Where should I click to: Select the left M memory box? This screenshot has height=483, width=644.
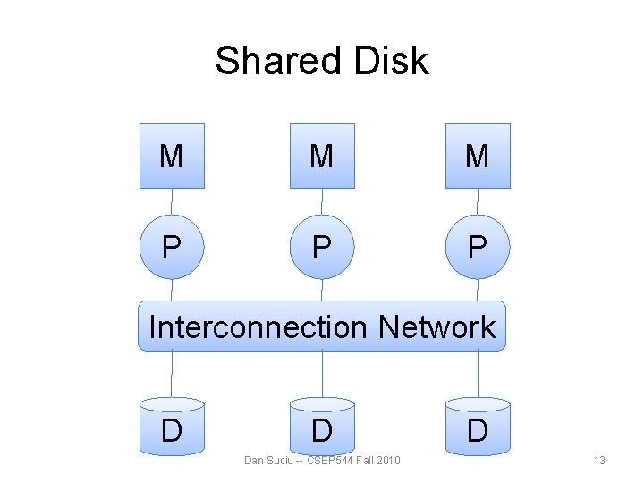[172, 157]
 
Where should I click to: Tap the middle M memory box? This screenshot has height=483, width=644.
[322, 157]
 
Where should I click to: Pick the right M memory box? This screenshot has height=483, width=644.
[478, 157]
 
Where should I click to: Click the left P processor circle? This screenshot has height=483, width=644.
[172, 246]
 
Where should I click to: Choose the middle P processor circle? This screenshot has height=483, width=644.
[322, 246]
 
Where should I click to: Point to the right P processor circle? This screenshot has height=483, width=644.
[478, 246]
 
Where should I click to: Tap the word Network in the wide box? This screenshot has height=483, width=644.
[436, 327]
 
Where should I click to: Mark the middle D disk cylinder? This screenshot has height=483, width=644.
[322, 428]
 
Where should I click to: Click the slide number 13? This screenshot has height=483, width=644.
[599, 461]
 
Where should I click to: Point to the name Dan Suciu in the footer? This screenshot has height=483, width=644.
[270, 461]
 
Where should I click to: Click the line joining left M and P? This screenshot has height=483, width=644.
[172, 202]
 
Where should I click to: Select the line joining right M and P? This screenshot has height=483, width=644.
[478, 202]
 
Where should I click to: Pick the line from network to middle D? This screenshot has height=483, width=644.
[322, 374]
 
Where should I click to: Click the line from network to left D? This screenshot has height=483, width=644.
[172, 374]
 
